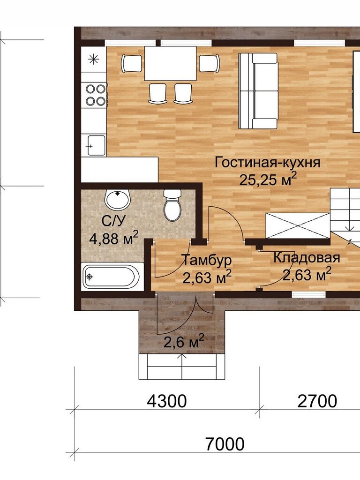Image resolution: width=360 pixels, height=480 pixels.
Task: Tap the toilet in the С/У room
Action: pos(172,205)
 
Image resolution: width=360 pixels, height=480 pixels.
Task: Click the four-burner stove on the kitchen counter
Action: pos(96,95)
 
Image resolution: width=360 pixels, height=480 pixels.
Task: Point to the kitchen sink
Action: pos(96,145)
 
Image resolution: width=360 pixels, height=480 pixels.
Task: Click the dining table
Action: pos(170,63)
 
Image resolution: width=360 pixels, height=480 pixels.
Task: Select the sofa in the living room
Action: pos(258,90)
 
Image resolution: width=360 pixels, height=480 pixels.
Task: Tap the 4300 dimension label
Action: pos(166,401)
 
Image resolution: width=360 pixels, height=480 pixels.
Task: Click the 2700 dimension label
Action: pos(317,401)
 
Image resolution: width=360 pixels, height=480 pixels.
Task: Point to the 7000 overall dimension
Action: pos(225,444)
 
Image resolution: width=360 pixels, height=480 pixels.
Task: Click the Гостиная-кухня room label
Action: pos(267,162)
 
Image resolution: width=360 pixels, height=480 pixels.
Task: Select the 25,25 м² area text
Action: pos(268,180)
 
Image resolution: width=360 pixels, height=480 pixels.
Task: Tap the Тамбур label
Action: pos(207,261)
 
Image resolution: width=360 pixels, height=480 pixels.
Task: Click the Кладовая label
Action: pos(307,258)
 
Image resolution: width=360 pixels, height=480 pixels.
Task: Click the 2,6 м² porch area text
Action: pos(184,342)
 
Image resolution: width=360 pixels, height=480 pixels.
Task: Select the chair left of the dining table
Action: pos(132,64)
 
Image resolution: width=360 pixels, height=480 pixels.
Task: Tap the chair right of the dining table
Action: pos(210,63)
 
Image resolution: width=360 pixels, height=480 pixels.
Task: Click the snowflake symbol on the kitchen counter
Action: pos(93,59)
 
